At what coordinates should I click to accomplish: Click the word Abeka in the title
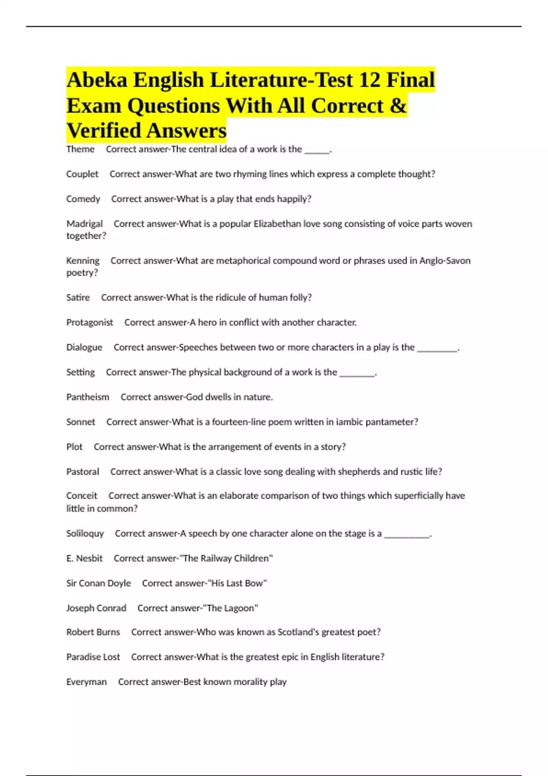coord(97,80)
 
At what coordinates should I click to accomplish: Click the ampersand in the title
coord(398,106)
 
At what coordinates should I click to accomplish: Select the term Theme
coord(80,149)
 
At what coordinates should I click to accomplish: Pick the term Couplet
coord(82,174)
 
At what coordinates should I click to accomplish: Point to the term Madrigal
coord(84,224)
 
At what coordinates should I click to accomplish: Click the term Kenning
coord(83,261)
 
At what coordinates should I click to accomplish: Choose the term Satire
coord(78,298)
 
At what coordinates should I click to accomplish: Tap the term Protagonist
coord(90,322)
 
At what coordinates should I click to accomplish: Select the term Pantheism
coord(88,397)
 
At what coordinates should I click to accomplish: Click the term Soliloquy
coord(85,534)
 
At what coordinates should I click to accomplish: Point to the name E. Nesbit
coord(84,558)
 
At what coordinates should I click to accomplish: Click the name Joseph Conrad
coord(96,608)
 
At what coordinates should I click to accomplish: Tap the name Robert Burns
coord(93,632)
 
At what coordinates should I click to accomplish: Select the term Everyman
coord(86,682)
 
